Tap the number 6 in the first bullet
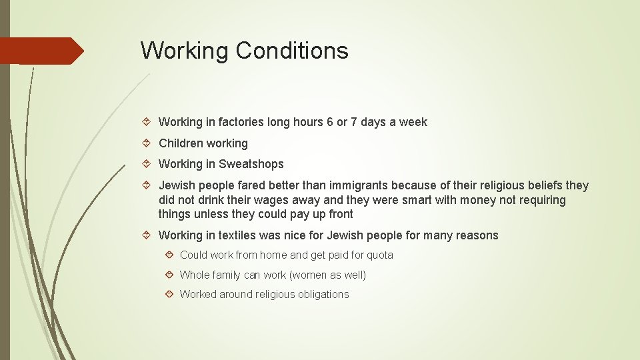click(329, 122)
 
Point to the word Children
click(181, 143)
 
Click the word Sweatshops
click(251, 164)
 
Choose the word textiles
click(241, 235)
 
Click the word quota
click(380, 255)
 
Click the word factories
click(240, 122)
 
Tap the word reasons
click(476, 235)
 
